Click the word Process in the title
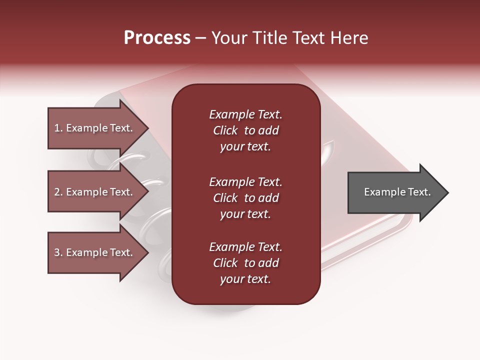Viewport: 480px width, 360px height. tap(157, 38)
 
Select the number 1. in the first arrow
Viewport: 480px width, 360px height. tap(58, 128)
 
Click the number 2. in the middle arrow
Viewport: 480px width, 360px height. tap(58, 192)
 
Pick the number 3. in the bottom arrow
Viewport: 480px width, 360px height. tap(58, 252)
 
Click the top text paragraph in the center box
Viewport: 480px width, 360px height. tap(245, 130)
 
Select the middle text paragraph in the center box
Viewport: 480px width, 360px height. tap(245, 198)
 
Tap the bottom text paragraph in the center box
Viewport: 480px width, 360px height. tap(245, 263)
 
